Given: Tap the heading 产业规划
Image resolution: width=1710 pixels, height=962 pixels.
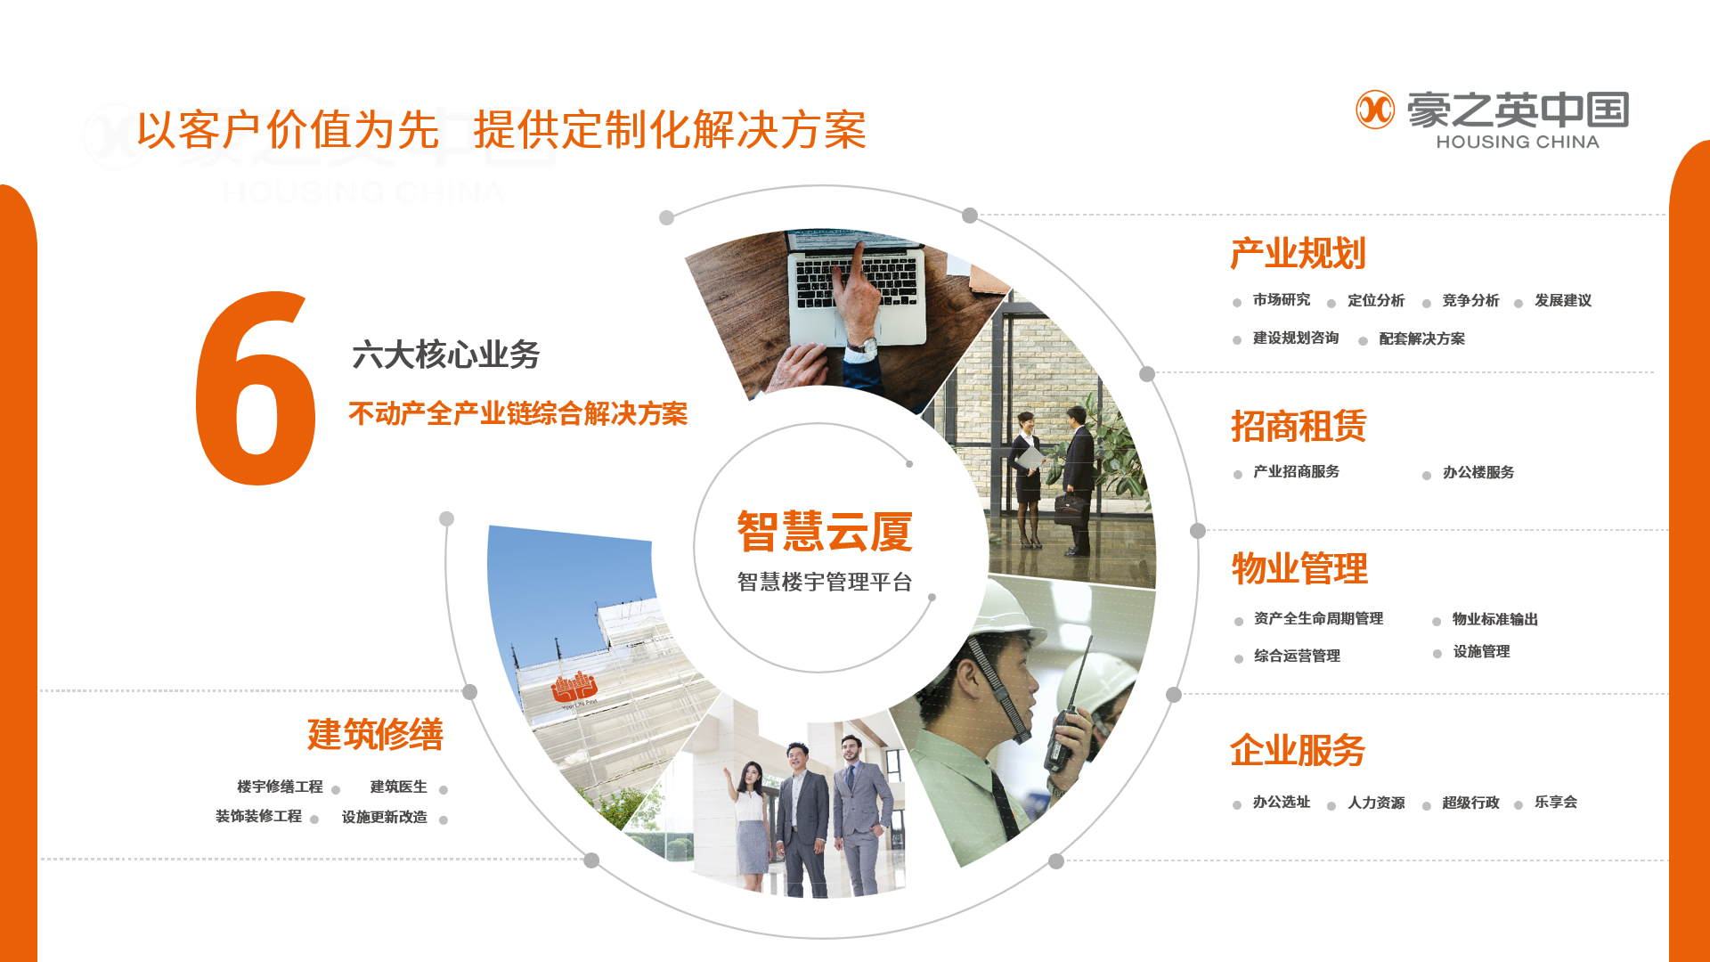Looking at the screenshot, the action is [x=1298, y=254].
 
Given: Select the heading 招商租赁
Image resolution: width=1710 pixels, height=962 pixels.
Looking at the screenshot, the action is [x=1299, y=426].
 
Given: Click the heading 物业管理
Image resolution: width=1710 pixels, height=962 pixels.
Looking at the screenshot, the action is [x=1299, y=568].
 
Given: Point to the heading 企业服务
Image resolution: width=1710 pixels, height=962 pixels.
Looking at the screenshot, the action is [x=1298, y=750].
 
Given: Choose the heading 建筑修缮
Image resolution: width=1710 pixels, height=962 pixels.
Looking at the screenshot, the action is [x=375, y=734].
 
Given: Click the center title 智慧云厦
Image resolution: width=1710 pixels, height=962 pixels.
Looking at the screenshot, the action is [x=825, y=532].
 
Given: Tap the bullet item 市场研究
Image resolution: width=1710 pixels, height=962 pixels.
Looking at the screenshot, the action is [x=1282, y=300].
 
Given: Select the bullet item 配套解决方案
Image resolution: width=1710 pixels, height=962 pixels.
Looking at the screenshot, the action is [x=1421, y=338].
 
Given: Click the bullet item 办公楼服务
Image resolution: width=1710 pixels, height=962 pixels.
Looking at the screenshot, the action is [x=1478, y=472].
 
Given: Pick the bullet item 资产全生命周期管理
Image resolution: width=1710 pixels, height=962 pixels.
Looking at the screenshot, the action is [x=1318, y=618].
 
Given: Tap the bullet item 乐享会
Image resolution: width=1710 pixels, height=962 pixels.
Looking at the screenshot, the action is [x=1556, y=802].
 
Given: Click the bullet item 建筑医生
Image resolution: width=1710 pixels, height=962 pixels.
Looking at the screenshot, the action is [x=398, y=787].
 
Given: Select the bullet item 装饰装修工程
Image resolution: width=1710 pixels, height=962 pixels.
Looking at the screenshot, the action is [x=258, y=816].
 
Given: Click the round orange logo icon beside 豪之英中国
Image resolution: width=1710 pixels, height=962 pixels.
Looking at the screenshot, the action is [x=1375, y=110].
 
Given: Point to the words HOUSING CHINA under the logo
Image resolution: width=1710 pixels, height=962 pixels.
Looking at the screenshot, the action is [x=1518, y=142].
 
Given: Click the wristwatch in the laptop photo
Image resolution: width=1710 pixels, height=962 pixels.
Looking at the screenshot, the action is [x=863, y=346].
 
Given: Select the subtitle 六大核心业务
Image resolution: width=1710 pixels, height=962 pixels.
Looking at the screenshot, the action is [x=446, y=355].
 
